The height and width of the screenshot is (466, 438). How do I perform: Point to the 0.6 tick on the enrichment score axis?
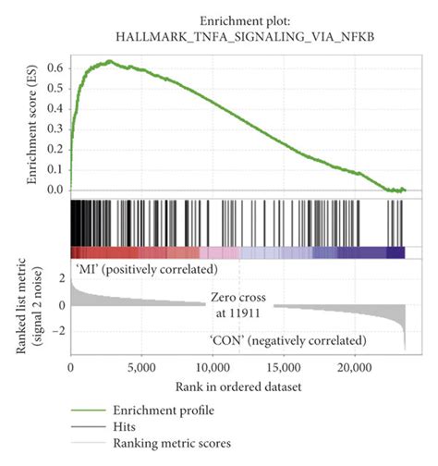56,68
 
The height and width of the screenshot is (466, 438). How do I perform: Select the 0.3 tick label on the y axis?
56,129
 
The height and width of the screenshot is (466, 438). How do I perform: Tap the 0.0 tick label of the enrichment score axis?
56,190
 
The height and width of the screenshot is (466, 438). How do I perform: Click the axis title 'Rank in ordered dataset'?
237,386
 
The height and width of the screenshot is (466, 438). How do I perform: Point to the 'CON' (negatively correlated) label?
287,340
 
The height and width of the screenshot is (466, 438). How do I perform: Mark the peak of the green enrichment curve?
109,61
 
